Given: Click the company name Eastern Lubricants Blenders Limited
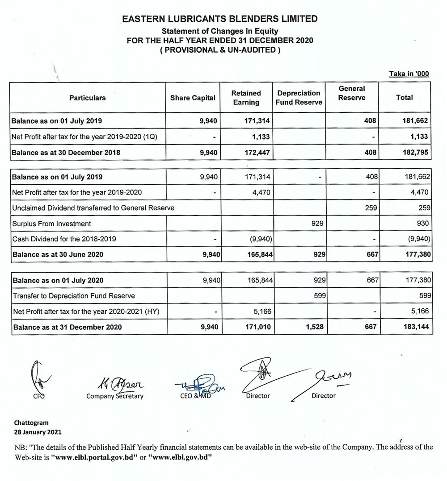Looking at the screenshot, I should [x=219, y=19].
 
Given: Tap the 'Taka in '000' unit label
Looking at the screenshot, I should [x=409, y=74].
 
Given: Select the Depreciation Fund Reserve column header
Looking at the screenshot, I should [x=299, y=98].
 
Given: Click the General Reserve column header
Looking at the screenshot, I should [x=352, y=93].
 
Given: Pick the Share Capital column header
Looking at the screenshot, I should [x=193, y=98].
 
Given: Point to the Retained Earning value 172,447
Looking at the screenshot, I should [x=258, y=153].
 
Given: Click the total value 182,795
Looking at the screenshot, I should [x=416, y=153].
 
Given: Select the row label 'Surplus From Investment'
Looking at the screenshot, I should [x=52, y=224].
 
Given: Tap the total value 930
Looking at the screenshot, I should [x=423, y=224].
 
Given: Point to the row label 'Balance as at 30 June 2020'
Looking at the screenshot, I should [x=58, y=254].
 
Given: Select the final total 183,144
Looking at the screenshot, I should [x=416, y=327].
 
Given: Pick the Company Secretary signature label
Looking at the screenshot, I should [x=115, y=396].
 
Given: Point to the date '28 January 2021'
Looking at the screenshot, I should [x=38, y=432].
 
